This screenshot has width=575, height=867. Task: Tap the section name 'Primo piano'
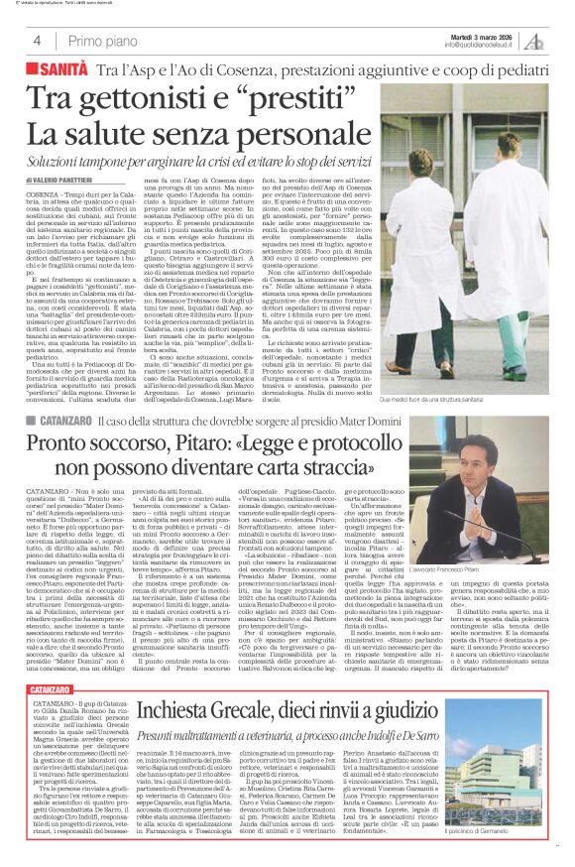pyautogui.click(x=98, y=41)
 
